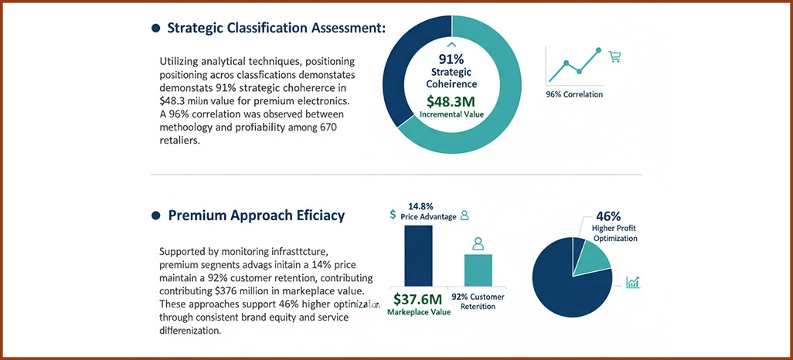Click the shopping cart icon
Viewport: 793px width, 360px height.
(615, 56)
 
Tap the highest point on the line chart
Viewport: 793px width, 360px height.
(599, 51)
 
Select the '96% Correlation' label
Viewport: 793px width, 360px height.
(574, 94)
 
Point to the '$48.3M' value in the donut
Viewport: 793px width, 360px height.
(451, 100)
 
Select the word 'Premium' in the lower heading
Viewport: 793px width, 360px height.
(196, 216)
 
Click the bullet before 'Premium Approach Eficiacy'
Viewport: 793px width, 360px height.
(156, 216)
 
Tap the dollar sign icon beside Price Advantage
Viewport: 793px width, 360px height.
(393, 215)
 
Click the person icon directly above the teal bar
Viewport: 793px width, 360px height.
(478, 243)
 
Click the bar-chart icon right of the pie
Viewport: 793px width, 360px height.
(633, 283)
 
